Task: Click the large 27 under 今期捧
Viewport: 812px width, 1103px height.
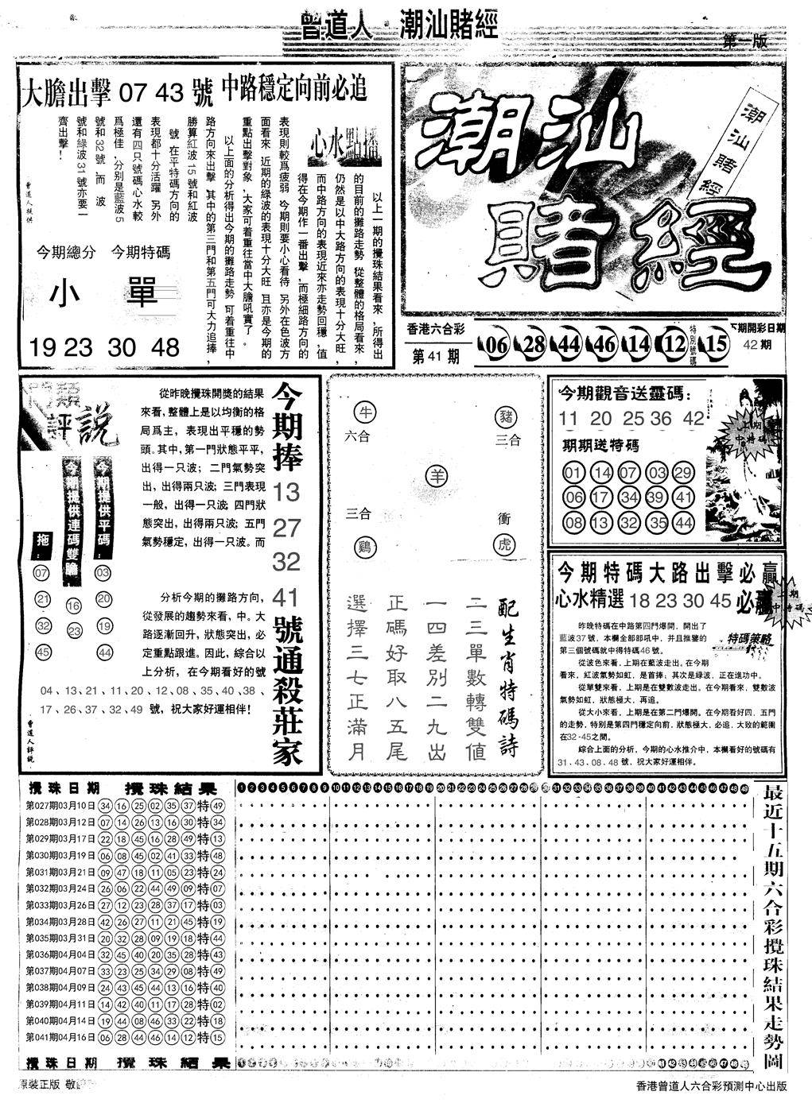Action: coord(286,528)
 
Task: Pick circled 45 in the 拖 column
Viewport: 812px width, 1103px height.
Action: coord(43,652)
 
